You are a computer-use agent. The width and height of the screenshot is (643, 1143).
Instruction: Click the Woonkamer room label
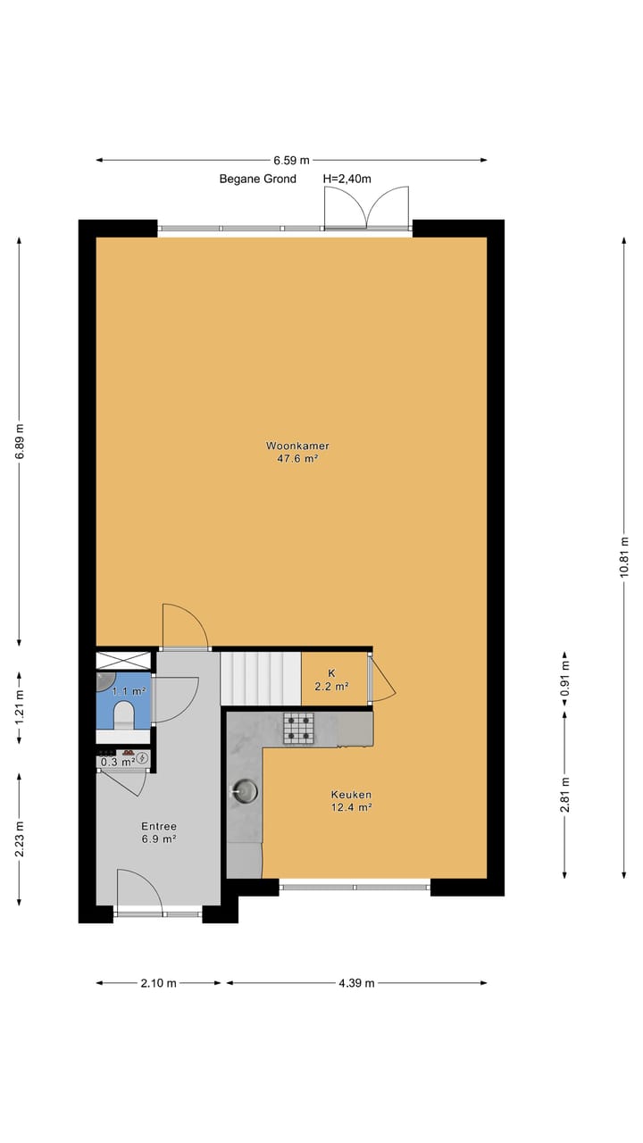tap(291, 446)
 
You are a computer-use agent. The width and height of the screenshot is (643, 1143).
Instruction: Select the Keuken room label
tap(351, 794)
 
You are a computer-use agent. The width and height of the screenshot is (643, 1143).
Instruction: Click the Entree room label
tap(158, 826)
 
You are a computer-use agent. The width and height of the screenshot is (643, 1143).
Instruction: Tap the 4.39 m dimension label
tap(355, 983)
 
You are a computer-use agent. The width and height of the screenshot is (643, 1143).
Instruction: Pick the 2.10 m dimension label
tap(158, 983)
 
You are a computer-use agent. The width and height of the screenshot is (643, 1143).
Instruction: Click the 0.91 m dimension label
tap(564, 684)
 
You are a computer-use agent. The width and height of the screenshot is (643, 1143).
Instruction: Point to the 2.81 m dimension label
tap(564, 794)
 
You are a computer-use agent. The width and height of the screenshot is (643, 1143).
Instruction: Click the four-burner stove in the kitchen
tap(298, 729)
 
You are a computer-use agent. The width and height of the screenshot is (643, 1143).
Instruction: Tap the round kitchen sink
tap(244, 789)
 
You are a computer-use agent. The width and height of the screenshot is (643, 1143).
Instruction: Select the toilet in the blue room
tap(123, 713)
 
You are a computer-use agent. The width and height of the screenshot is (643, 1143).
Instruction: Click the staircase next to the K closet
tap(260, 679)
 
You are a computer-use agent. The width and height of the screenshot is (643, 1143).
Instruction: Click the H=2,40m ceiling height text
tap(347, 179)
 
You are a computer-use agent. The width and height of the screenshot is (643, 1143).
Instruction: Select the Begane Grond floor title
tap(258, 179)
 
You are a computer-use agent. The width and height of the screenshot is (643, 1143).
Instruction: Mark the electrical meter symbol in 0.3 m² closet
tap(141, 759)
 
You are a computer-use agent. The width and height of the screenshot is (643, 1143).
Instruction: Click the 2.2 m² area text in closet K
tap(330, 687)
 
